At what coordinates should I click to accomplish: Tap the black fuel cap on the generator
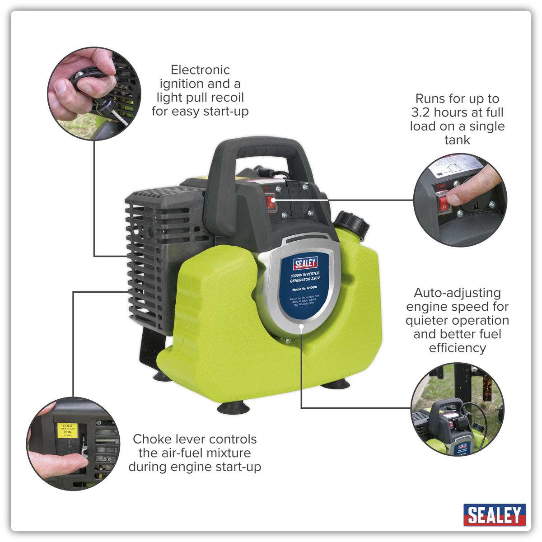click(352, 223)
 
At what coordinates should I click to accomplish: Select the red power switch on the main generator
click(271, 204)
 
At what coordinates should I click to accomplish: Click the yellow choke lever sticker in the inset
click(67, 430)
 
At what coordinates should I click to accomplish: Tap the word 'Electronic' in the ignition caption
click(200, 70)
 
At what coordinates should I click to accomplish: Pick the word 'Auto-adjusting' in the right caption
click(457, 293)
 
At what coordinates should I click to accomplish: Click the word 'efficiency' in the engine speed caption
click(457, 348)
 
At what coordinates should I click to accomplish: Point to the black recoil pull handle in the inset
click(106, 107)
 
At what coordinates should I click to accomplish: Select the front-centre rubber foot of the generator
click(233, 408)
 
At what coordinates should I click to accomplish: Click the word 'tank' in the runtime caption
click(457, 140)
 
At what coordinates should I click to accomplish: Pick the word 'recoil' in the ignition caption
click(225, 98)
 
